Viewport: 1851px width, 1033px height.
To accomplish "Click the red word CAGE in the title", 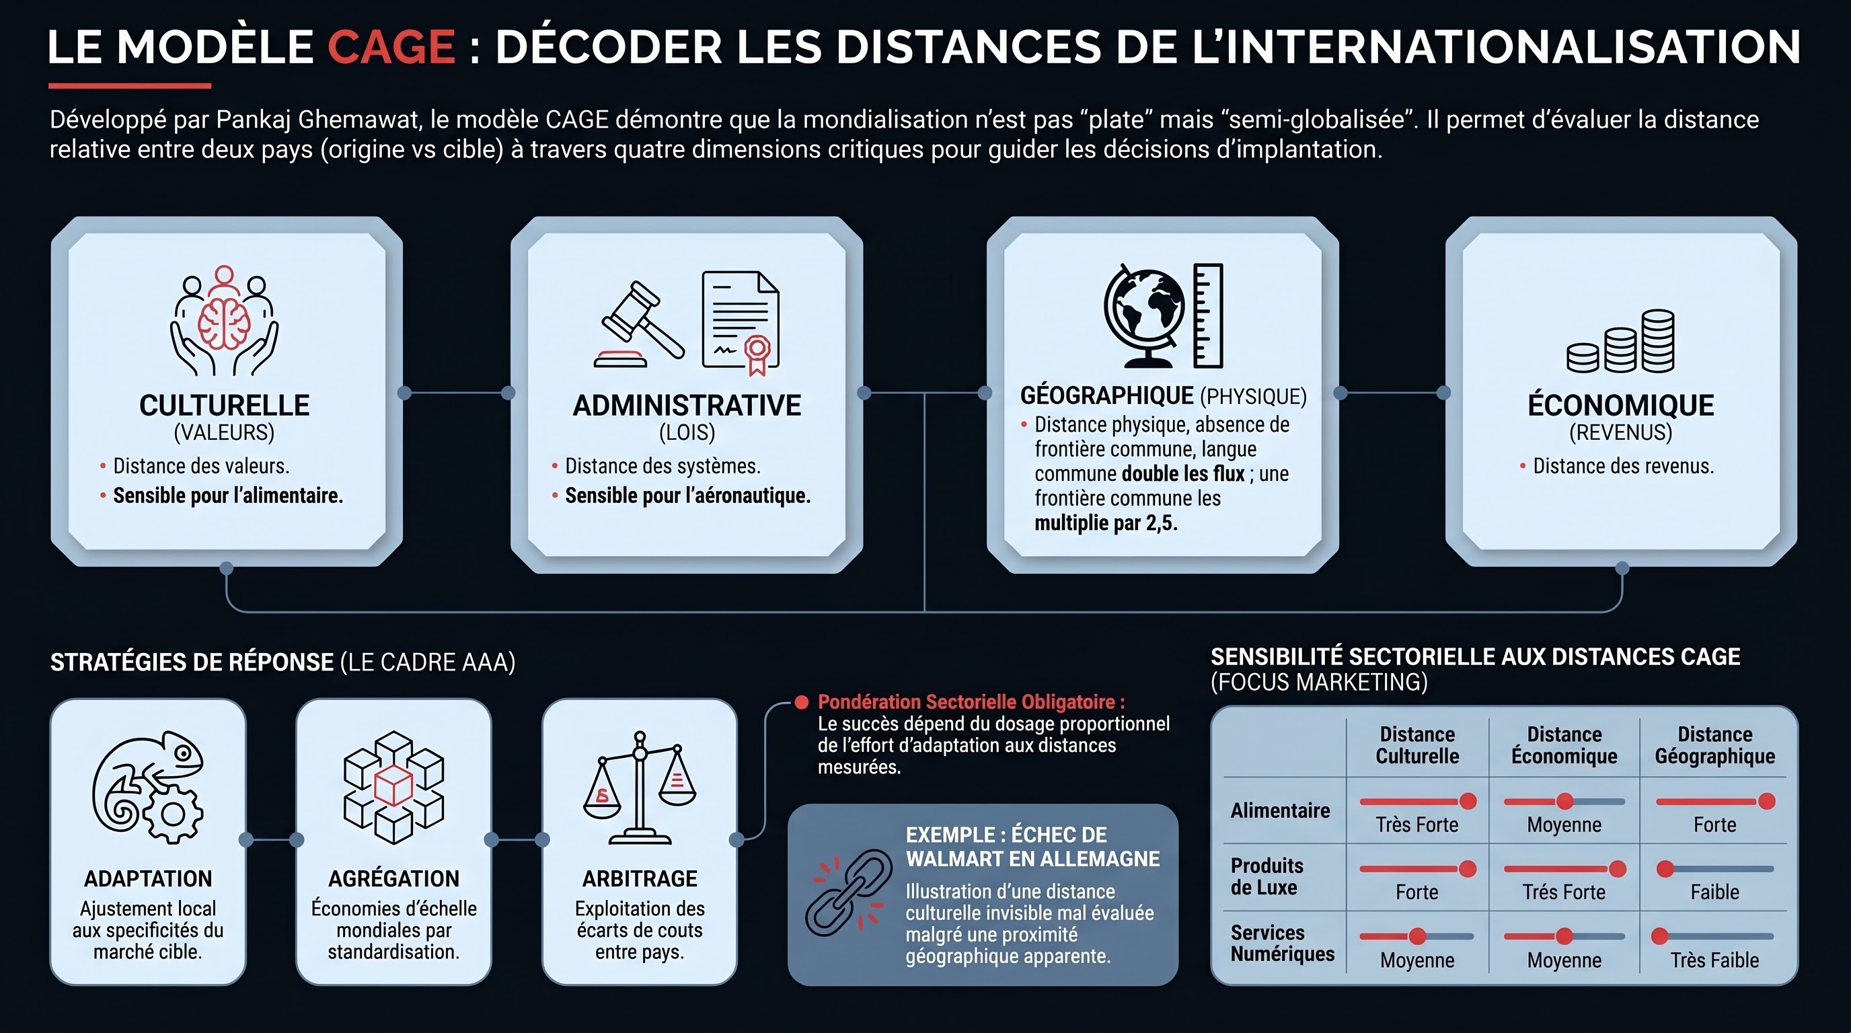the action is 391,46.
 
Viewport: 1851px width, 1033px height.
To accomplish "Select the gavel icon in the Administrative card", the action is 639,324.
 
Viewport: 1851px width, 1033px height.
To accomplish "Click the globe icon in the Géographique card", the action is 1144,315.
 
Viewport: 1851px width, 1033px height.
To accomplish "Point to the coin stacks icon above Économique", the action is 1620,341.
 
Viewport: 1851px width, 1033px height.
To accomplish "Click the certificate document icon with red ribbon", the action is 741,323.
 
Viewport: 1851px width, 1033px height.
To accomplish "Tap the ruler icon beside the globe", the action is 1208,315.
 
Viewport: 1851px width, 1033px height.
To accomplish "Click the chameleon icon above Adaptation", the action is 148,787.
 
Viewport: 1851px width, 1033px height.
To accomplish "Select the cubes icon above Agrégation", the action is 393,788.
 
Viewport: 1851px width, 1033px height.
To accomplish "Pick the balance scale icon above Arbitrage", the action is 640,788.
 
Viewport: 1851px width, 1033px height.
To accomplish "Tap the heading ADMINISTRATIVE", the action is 687,406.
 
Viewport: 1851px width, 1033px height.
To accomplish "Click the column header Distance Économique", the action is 1564,745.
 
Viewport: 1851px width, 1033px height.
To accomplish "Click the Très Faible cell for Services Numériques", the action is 1714,960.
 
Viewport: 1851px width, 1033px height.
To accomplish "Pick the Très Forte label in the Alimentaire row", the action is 1417,825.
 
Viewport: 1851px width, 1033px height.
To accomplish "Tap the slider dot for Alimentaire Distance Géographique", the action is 1766,801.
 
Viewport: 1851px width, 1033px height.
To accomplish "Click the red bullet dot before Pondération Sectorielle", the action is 802,702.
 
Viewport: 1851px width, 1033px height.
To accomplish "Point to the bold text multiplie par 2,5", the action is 1106,523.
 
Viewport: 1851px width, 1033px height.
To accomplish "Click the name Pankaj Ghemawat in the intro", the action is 318,119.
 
